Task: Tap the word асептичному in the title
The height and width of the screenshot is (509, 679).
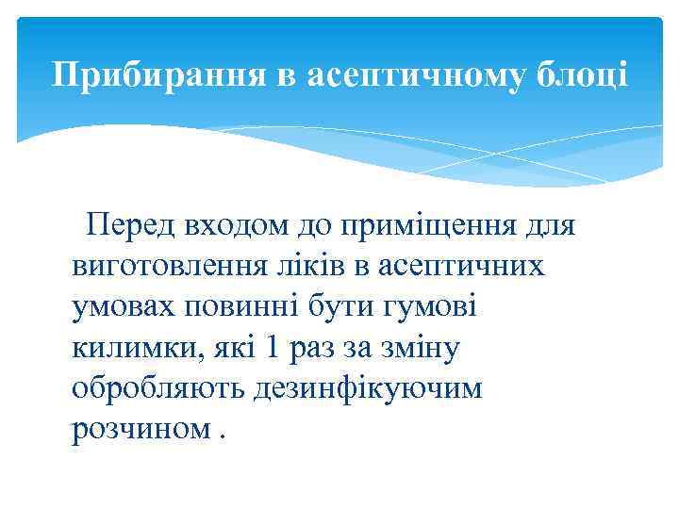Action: [414, 74]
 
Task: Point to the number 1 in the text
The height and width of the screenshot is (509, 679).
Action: [273, 349]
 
